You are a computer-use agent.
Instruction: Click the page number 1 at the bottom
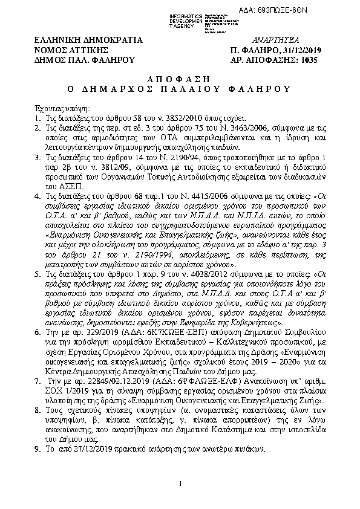point(180,483)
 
